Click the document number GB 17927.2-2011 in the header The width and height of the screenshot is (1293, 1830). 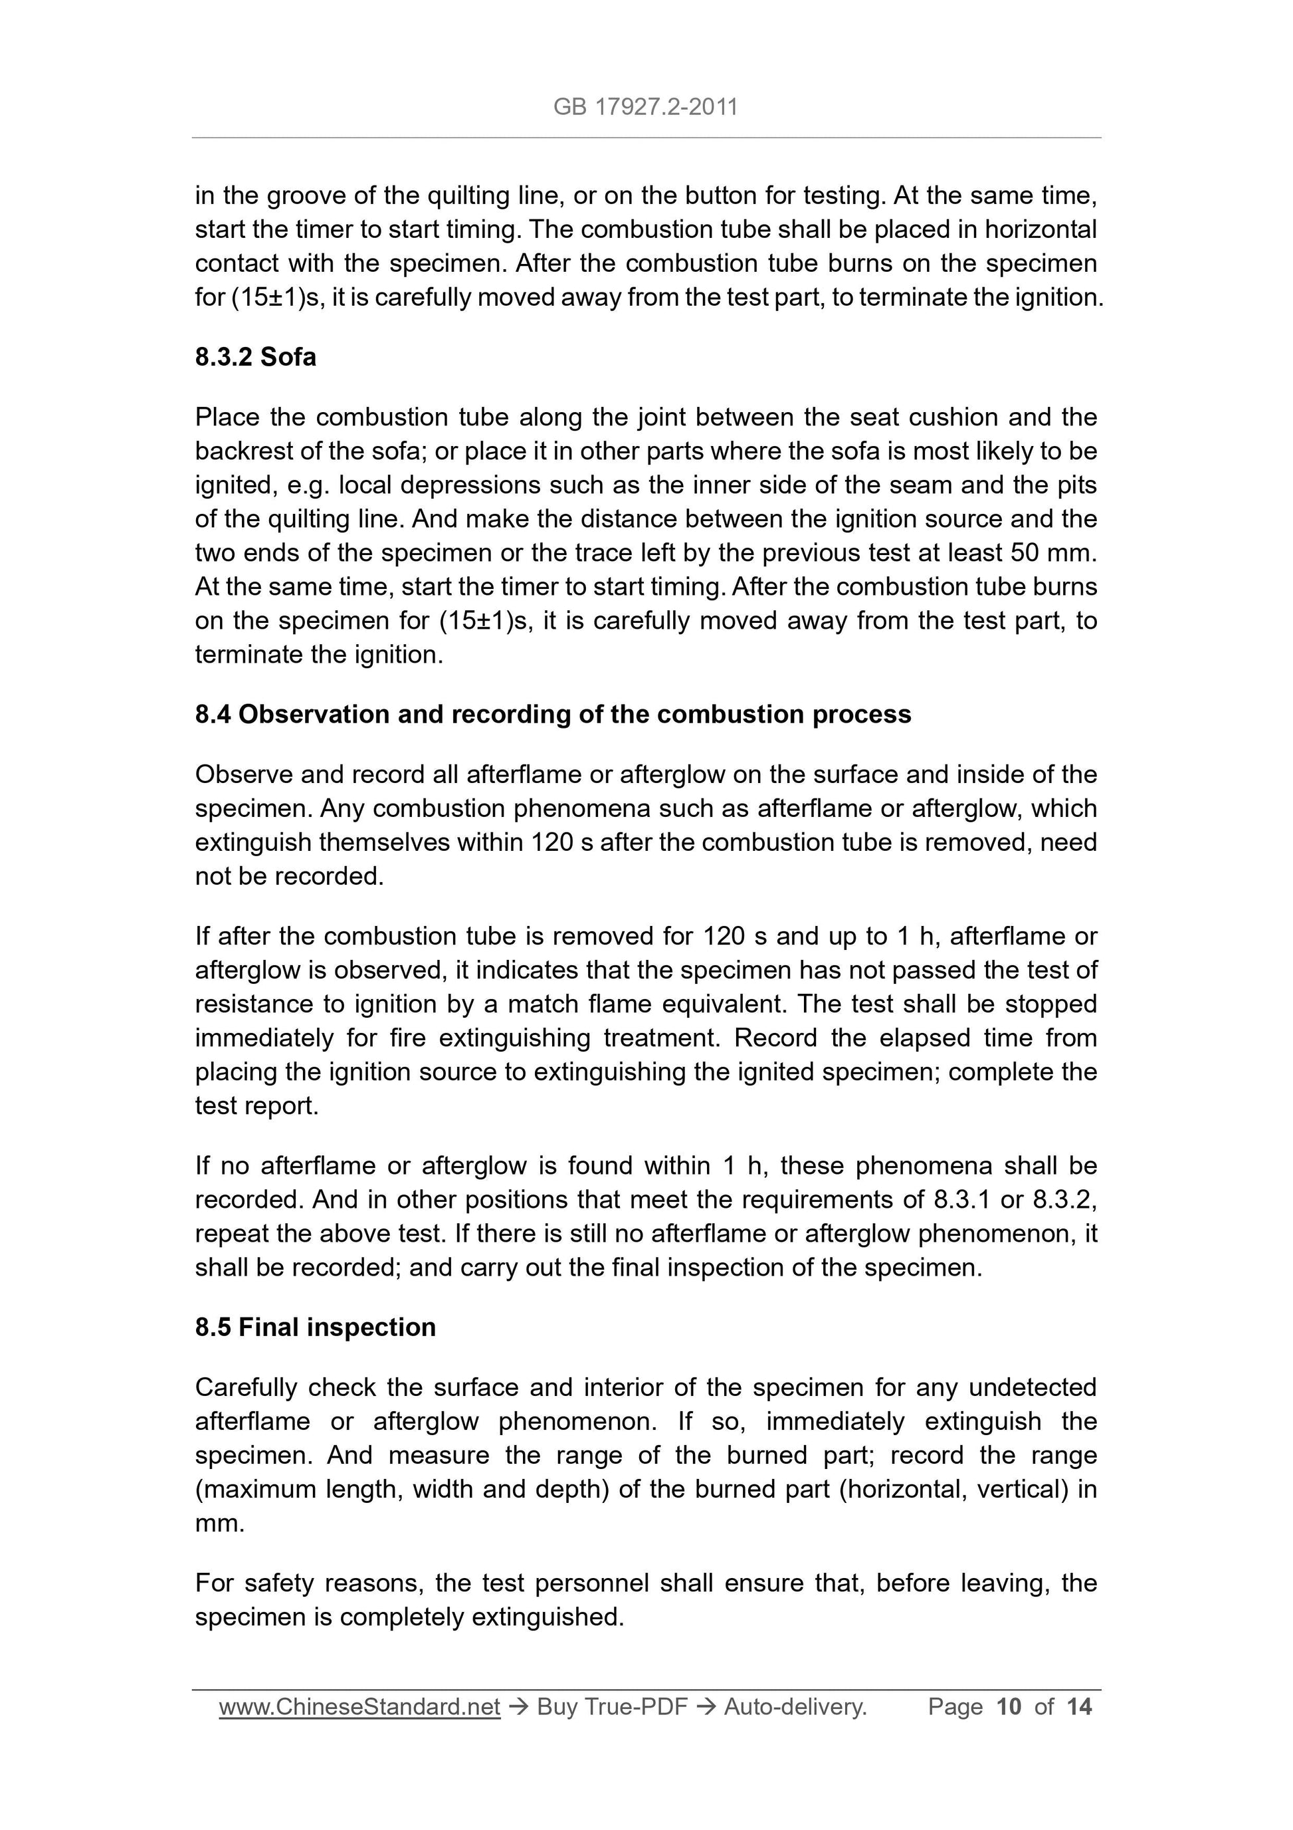coord(645,107)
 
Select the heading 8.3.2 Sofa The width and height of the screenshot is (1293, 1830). coord(255,357)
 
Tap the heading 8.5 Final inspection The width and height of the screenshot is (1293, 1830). coord(316,1327)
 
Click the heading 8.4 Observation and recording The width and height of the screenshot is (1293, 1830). coord(553,714)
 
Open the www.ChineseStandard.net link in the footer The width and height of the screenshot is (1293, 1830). coord(359,1706)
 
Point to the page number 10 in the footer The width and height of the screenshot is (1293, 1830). coord(1009,1706)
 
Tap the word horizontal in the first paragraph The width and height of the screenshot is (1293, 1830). coord(1041,229)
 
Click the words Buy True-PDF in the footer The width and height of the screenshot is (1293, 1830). coord(612,1706)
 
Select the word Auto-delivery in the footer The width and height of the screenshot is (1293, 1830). coord(794,1706)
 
